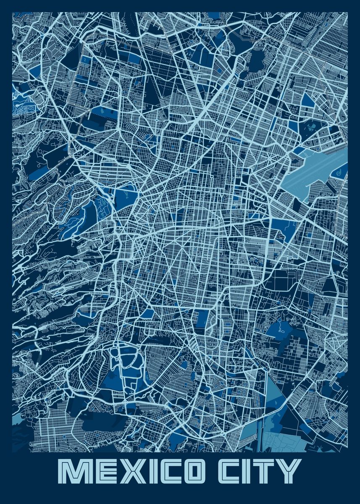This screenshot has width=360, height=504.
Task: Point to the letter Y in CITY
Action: point(289,472)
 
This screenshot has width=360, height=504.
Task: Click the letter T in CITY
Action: point(263,472)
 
